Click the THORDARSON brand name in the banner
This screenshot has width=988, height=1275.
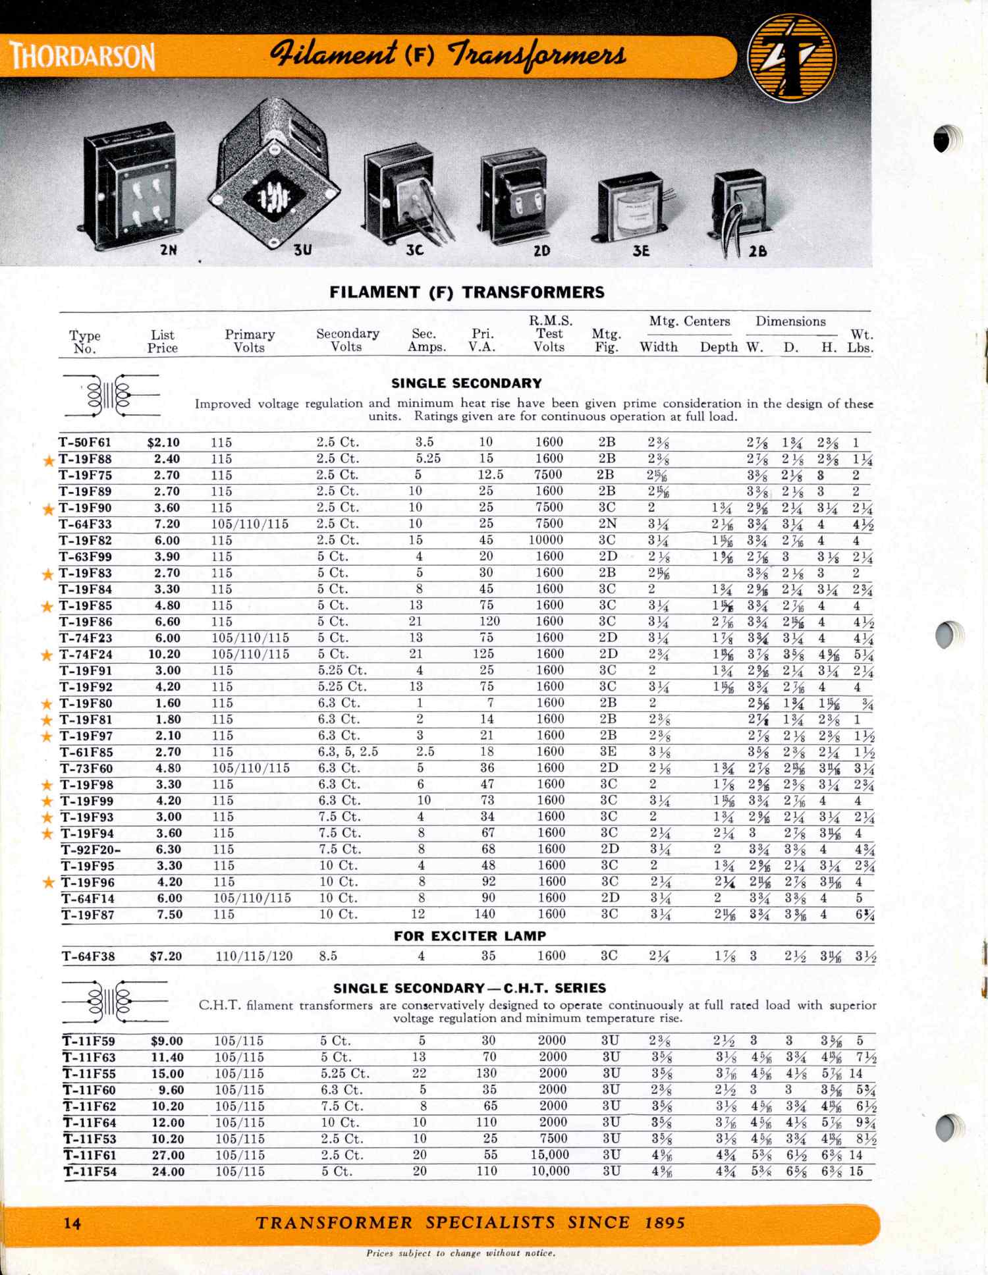coord(82,57)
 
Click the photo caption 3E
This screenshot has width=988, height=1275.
coord(641,251)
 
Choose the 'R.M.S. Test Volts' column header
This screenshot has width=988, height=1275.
coord(550,334)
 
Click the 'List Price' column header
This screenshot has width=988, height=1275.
coord(162,341)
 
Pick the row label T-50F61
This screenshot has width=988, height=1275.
coord(86,443)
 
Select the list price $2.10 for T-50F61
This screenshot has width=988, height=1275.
coord(163,443)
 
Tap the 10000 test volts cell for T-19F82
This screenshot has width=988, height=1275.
coord(547,540)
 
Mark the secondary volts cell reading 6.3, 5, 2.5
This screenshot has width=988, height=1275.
coord(348,752)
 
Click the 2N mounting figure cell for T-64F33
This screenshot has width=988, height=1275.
coord(607,524)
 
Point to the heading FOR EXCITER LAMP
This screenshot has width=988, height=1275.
coord(470,936)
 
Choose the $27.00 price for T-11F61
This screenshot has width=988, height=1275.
coord(168,1155)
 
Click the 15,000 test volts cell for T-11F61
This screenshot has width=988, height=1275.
coord(551,1155)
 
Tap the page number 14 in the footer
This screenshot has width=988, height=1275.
coord(72,1223)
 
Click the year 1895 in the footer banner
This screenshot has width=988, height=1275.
coord(665,1223)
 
